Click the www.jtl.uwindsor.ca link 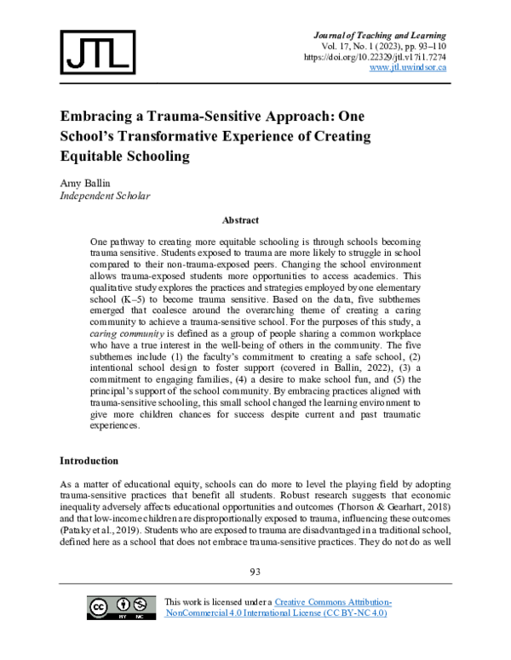click(x=408, y=67)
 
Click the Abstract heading click(x=240, y=219)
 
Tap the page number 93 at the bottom click(x=255, y=572)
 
